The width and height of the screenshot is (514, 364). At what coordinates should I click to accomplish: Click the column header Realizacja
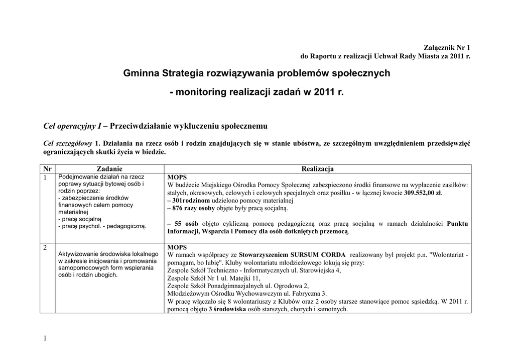[x=317, y=169]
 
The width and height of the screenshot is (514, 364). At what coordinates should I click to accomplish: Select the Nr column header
[x=48, y=169]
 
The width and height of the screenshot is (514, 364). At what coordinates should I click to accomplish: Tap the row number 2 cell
[x=45, y=247]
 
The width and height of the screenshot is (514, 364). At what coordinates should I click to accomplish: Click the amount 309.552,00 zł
[x=423, y=193]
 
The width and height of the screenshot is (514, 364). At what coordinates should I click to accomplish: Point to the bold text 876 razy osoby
[x=193, y=208]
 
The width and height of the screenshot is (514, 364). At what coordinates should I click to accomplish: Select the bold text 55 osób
[x=186, y=223]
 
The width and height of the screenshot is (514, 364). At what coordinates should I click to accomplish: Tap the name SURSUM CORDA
[x=318, y=255]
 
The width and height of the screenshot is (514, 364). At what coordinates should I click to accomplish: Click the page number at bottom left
[x=45, y=338]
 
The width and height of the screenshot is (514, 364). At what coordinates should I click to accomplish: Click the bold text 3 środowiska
[x=227, y=309]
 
